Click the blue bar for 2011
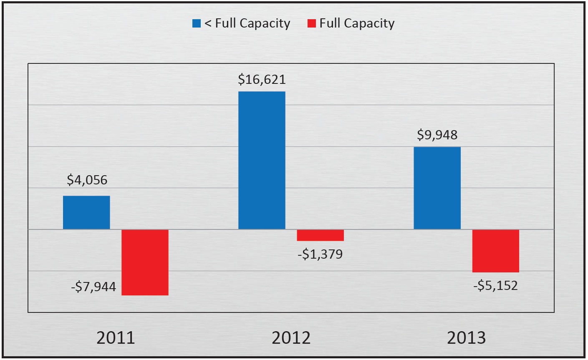86,212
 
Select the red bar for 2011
145,262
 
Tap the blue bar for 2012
262,160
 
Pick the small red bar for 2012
320,235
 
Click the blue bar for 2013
437,188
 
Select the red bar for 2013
495,251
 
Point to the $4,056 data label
87,180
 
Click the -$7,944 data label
94,287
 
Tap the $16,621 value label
262,79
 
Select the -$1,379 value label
320,254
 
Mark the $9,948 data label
437,135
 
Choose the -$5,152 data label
495,285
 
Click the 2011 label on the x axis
116,337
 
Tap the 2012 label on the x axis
291,337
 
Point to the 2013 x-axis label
466,337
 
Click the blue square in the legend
197,23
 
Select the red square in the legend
311,23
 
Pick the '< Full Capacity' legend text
247,23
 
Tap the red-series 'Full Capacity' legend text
357,23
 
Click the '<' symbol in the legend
207,24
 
